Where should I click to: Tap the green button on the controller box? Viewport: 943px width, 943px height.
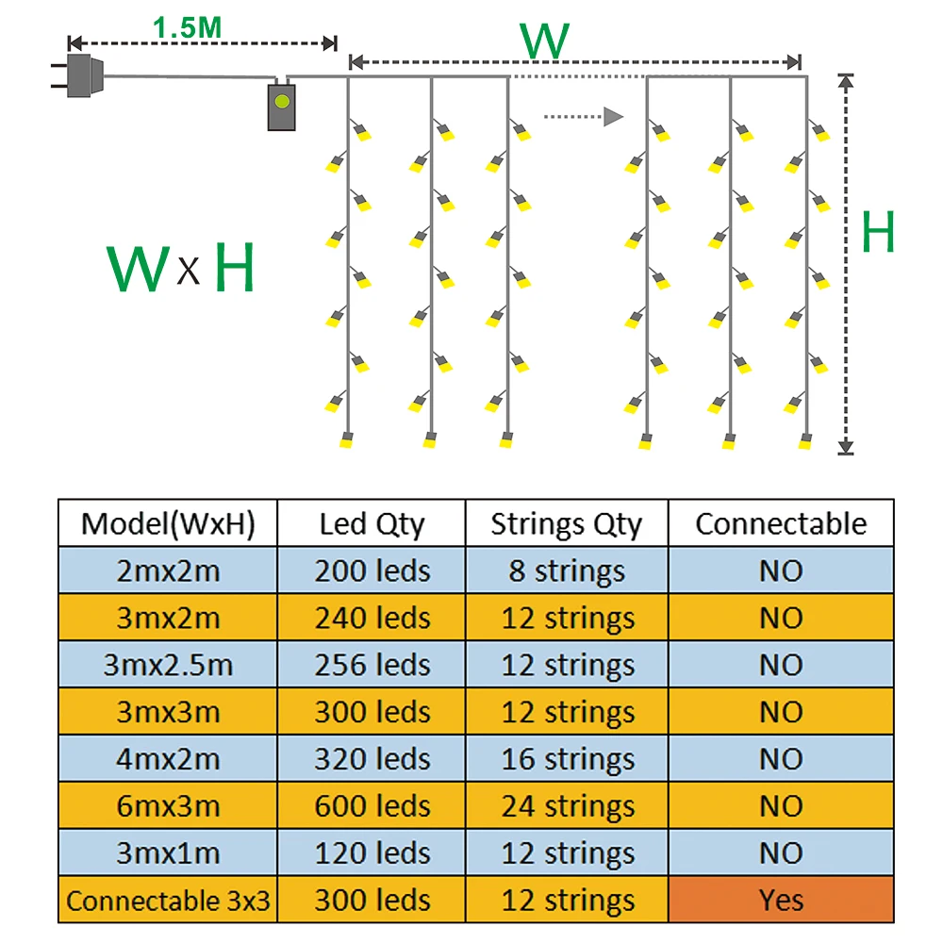[280, 98]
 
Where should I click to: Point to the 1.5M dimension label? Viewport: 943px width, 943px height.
[188, 28]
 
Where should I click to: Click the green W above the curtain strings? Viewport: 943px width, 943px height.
[545, 41]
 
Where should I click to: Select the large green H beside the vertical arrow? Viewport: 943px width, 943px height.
[878, 233]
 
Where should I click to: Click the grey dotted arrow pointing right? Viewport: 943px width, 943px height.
[585, 117]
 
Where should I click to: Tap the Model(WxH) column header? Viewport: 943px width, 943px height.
[168, 523]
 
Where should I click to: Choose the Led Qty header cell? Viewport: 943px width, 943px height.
[372, 523]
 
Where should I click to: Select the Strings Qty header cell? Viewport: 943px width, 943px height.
[566, 523]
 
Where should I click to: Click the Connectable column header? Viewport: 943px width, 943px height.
[781, 523]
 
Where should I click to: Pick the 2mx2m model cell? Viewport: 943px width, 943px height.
[168, 571]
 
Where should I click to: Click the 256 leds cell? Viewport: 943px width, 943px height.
[372, 665]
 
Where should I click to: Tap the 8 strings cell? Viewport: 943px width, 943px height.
[566, 571]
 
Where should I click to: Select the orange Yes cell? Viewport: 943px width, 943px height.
[781, 901]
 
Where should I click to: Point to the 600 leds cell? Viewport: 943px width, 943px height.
[372, 806]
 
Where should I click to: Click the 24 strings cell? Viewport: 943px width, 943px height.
[566, 806]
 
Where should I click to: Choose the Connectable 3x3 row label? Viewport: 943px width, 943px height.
[168, 901]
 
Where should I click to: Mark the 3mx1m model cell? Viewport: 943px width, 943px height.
[168, 853]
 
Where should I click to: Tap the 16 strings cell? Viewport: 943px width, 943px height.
[566, 759]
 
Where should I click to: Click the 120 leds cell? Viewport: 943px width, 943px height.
[372, 853]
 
